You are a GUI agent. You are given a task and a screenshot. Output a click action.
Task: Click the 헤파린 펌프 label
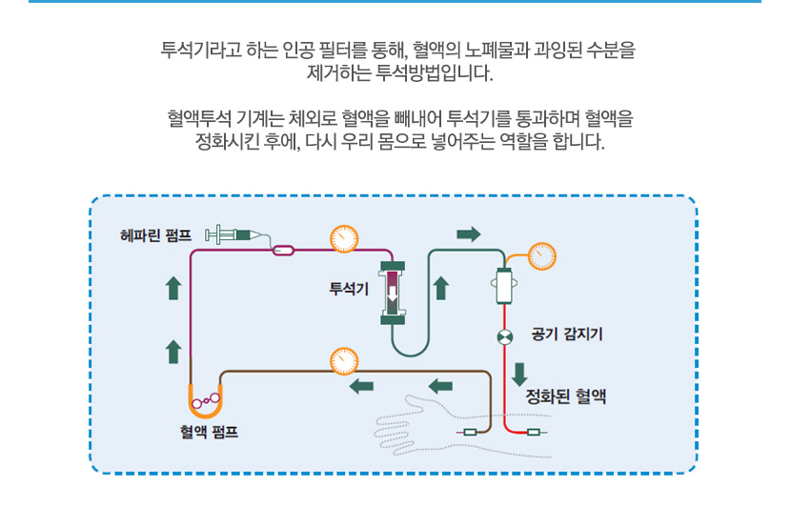155,234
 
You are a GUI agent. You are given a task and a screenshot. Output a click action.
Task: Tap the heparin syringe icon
233,234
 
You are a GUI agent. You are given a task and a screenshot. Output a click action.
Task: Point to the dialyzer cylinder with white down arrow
393,293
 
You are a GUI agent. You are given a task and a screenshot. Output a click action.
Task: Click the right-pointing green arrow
469,234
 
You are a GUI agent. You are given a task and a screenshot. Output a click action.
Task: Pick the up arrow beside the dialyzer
441,288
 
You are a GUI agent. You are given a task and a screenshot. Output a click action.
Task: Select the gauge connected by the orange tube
540,256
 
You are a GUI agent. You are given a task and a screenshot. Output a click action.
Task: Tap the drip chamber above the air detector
503,286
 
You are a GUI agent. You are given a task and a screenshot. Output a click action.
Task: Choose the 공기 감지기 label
566,335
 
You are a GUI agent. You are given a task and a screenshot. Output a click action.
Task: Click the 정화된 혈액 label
566,397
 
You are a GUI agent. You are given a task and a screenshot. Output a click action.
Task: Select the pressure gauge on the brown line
342,361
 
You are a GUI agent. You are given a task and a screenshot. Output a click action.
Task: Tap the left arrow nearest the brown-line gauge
360,386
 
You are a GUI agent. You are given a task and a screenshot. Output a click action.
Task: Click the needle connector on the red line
533,434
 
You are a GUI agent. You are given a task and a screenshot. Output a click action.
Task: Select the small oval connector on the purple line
283,252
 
